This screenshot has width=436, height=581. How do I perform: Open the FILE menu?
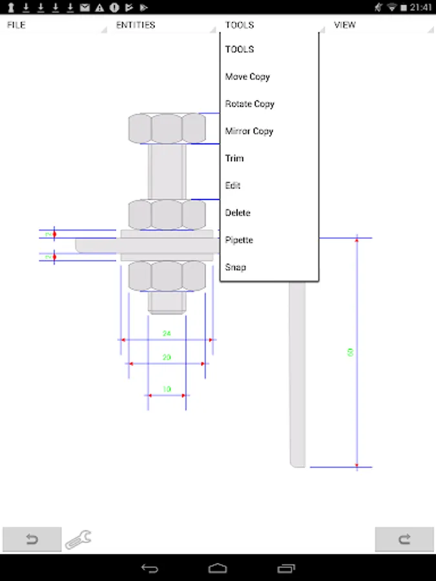[x=17, y=25]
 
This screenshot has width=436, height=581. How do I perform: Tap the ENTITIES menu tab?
[x=136, y=25]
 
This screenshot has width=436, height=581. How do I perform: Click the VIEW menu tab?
[x=345, y=25]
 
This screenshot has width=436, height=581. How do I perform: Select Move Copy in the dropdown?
[x=247, y=77]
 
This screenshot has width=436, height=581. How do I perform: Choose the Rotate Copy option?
[x=249, y=104]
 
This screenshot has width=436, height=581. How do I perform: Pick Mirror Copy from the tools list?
[x=249, y=131]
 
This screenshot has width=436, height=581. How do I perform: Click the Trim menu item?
[x=234, y=158]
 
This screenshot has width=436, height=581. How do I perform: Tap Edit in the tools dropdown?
[x=233, y=185]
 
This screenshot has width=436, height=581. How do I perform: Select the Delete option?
[x=238, y=212]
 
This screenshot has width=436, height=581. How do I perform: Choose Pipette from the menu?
[x=239, y=240]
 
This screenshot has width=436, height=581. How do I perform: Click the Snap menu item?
[x=236, y=267]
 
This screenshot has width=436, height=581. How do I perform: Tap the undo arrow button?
[x=32, y=540]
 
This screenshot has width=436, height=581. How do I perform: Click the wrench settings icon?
[x=78, y=539]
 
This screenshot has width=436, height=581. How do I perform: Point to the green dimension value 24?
[x=167, y=334]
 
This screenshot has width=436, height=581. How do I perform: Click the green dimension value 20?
[x=167, y=357]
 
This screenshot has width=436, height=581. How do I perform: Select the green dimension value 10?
[x=167, y=389]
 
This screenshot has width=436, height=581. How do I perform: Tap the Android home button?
[x=218, y=568]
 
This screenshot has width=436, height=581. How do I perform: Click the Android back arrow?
[x=149, y=568]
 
